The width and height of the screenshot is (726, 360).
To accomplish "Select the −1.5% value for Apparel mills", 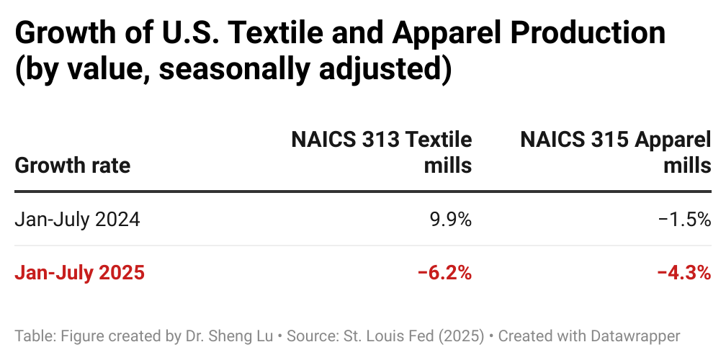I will (684, 219).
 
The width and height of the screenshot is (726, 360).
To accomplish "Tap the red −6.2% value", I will (444, 273).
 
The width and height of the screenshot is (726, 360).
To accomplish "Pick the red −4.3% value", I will (684, 273).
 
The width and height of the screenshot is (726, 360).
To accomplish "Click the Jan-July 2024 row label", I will (77, 219).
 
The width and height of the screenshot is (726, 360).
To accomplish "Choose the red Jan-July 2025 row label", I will (79, 273).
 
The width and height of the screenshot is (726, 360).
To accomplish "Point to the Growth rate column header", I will (72, 166).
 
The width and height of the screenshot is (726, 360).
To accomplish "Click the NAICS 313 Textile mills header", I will (382, 152).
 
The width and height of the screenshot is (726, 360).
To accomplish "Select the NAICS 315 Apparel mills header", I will (616, 152).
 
